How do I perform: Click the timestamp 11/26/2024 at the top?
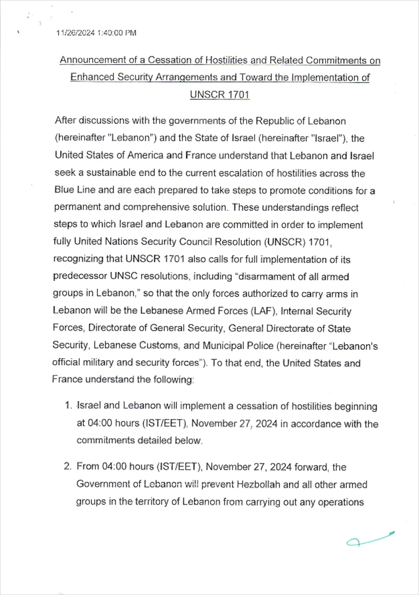[73, 33]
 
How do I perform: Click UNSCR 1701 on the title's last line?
[219, 95]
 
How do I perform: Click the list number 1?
[67, 406]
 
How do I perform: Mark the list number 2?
[67, 467]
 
